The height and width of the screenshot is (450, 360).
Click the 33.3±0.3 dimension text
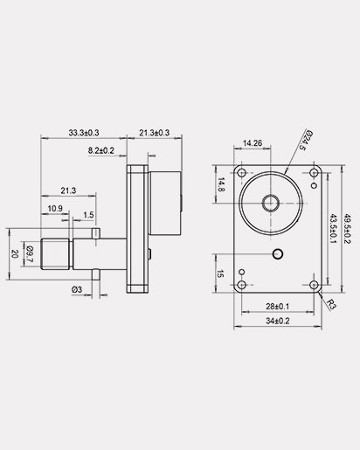coord(83,133)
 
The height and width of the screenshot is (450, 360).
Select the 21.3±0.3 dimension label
coord(154,133)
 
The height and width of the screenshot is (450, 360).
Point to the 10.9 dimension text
coord(54,208)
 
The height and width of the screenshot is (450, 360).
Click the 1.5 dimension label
coord(89,215)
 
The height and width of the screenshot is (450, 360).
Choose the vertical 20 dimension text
coord(14,253)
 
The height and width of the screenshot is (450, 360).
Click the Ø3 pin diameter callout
coord(77,289)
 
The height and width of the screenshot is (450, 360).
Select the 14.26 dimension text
coord(253,142)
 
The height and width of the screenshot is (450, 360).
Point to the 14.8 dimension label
coord(221,184)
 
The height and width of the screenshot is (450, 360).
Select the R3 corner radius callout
coord(331,303)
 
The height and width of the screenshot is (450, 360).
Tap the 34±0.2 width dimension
coord(277,321)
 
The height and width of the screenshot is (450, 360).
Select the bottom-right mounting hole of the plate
coord(314,284)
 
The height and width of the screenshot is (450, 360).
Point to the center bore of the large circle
coord(270,203)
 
